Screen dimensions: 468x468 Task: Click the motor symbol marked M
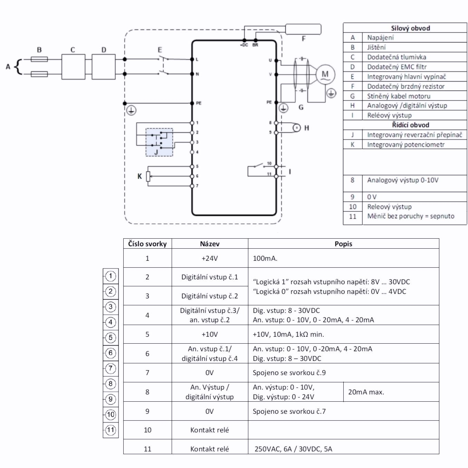(325, 74)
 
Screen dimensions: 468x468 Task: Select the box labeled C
(73, 66)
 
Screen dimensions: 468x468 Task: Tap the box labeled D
(104, 66)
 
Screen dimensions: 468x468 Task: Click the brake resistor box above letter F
(303, 29)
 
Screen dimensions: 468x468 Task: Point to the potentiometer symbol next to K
(148, 176)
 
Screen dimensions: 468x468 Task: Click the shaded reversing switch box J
(159, 142)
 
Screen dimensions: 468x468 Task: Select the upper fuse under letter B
(39, 59)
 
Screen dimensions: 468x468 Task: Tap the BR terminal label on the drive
(255, 45)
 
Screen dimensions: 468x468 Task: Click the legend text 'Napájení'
(380, 38)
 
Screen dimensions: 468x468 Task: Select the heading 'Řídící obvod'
(410, 125)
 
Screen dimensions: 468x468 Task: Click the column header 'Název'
(210, 244)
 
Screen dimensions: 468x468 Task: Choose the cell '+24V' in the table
(210, 258)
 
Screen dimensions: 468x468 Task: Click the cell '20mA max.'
(366, 392)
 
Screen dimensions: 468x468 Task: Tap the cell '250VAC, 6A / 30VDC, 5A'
(293, 449)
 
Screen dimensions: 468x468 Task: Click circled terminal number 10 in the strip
(111, 414)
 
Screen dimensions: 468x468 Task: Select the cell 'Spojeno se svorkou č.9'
(289, 373)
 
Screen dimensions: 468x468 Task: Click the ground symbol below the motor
(331, 93)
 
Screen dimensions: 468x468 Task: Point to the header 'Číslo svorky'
(147, 244)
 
